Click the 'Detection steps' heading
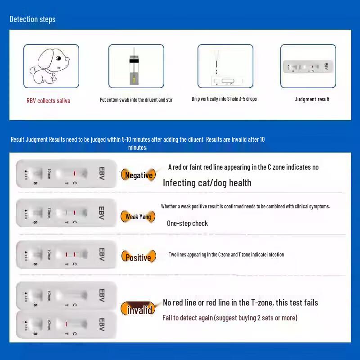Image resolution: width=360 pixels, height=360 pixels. click(32, 19)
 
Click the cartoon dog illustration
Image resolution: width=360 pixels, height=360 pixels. click(51, 66)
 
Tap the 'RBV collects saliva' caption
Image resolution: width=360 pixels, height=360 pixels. click(48, 101)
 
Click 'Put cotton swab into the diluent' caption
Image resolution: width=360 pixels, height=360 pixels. click(136, 99)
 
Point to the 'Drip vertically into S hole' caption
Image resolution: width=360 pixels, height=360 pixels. click(224, 99)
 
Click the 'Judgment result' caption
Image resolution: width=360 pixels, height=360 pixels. click(312, 99)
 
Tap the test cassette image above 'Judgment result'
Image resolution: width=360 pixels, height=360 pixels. click(308, 66)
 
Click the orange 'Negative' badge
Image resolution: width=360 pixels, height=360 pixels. click(139, 175)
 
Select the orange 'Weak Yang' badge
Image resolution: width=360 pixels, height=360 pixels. click(138, 216)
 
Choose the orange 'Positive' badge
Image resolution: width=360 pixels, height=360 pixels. click(138, 258)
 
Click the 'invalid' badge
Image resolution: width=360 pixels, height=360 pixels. click(139, 310)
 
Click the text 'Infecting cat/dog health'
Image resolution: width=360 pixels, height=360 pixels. click(207, 183)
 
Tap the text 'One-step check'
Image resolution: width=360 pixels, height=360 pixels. click(187, 223)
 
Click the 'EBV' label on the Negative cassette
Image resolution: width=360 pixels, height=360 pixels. click(101, 173)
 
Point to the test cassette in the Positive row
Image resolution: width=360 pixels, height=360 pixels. click(66, 255)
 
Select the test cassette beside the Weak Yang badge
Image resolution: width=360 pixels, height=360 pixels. click(66, 212)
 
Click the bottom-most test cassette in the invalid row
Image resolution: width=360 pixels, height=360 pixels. click(66, 324)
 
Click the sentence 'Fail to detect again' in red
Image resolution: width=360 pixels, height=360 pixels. click(229, 318)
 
